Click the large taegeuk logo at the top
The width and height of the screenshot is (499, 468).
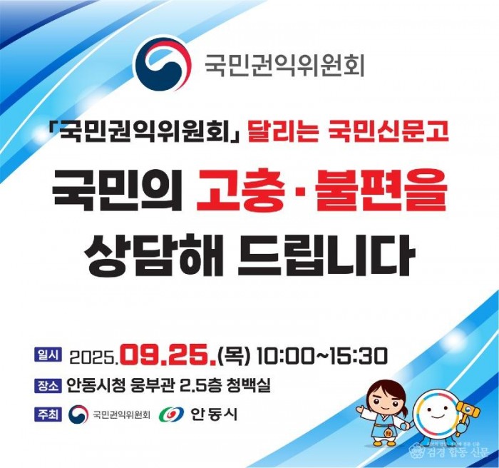coord(163,63)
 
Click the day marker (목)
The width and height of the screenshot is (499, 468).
coord(235,354)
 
